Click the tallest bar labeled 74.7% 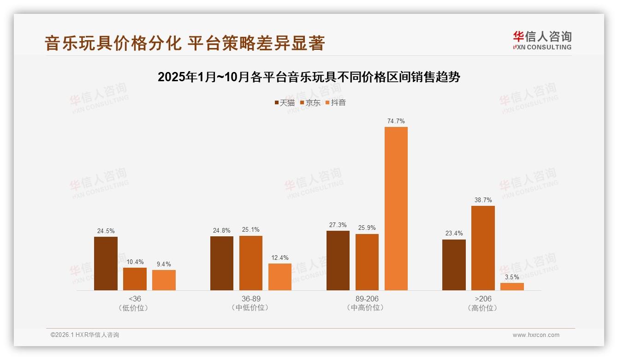(x=396, y=209)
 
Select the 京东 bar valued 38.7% (x=483, y=248)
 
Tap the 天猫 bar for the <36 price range (x=106, y=264)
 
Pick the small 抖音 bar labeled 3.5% (x=512, y=287)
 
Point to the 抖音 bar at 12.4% (x=280, y=277)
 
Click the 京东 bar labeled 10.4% (x=135, y=279)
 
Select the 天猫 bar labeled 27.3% (x=338, y=260)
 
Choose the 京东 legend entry (x=310, y=102)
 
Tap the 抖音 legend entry (x=335, y=102)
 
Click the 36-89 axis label (x=251, y=299)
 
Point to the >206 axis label (x=483, y=299)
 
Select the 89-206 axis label (x=367, y=299)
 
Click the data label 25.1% (x=251, y=229)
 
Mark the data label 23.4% (x=454, y=233)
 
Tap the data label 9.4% (x=164, y=264)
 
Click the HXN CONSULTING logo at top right (x=542, y=41)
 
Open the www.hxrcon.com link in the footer (x=536, y=335)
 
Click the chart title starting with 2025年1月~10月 (x=309, y=77)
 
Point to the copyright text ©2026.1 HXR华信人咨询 (x=85, y=335)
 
